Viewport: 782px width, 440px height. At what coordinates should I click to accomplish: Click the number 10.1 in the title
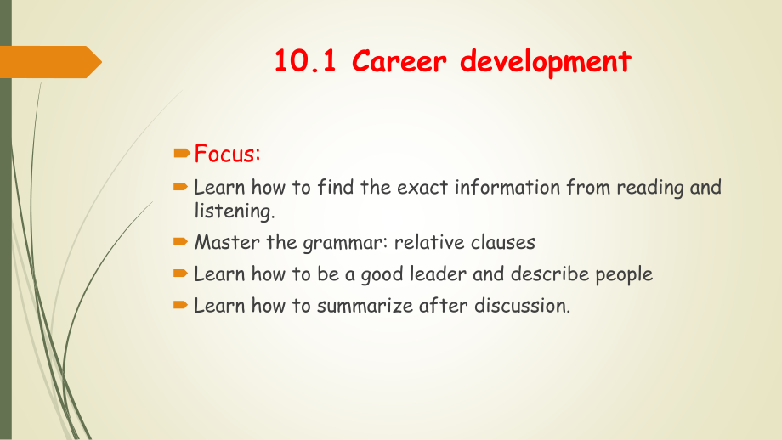(x=305, y=61)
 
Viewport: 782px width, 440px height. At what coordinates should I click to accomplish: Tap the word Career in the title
(x=399, y=61)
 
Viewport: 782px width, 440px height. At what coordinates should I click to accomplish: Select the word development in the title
(x=546, y=62)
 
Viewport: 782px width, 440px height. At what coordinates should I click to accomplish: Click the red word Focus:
(x=228, y=154)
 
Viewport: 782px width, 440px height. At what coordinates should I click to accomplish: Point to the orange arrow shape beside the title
(x=50, y=62)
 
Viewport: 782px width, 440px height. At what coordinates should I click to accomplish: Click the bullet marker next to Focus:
(x=182, y=153)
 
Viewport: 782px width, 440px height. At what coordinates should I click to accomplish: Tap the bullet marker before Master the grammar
(x=180, y=242)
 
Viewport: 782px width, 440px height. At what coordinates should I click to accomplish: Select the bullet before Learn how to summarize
(x=180, y=305)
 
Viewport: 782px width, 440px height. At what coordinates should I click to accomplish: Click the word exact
(x=423, y=188)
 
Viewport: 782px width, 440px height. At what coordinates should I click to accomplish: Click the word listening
(x=235, y=212)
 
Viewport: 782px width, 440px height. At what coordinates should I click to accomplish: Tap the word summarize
(x=365, y=306)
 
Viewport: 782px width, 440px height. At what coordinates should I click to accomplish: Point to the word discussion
(x=522, y=306)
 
